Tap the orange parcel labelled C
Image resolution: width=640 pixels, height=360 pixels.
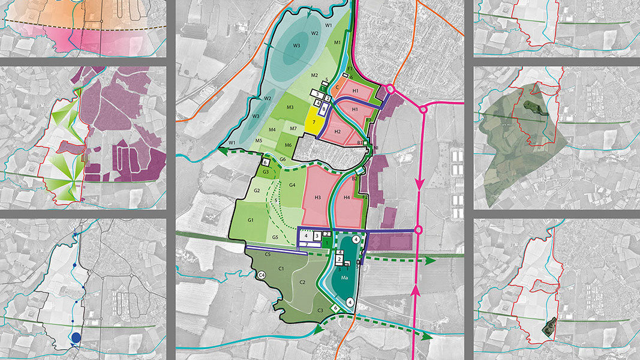(x=338, y=88)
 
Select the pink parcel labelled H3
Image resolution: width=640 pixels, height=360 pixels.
(x=317, y=197)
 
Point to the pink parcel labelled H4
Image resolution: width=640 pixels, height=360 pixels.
(x=347, y=197)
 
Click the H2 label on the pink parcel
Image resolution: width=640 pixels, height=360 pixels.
(x=337, y=132)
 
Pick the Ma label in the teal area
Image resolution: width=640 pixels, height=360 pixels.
(x=345, y=278)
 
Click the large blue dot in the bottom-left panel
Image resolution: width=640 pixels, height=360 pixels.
(x=76, y=338)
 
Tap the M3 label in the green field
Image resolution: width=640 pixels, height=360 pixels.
(x=290, y=108)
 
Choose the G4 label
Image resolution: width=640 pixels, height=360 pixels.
(x=292, y=185)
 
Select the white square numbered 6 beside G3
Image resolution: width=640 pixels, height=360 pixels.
(x=266, y=163)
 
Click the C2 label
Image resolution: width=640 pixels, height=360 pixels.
(x=303, y=282)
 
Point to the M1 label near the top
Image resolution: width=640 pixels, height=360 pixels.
(x=337, y=42)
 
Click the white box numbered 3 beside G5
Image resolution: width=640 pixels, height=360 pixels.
(x=317, y=236)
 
